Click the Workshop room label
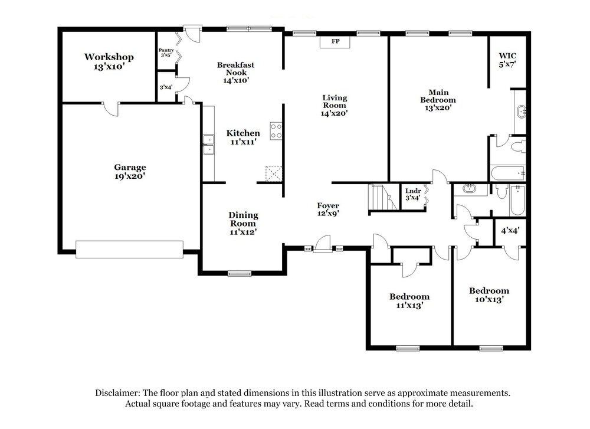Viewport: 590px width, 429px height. pos(109,62)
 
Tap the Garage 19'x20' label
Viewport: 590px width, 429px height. pos(130,171)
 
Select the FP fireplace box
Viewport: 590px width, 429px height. pos(335,42)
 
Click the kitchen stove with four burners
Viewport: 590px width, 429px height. pos(276,130)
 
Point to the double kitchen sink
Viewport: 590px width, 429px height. pos(208,145)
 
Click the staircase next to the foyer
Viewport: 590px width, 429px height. pos(381,197)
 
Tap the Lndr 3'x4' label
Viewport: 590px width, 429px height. pos(413,194)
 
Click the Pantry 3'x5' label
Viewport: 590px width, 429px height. pos(166,53)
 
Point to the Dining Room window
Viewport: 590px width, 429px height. pos(240,273)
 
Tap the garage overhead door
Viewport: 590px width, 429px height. pos(129,248)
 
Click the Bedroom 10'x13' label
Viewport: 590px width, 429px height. pos(489,294)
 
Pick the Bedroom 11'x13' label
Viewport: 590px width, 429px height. pos(409,300)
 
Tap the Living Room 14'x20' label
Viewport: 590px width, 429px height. pos(335,105)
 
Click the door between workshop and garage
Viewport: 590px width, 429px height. pos(111,108)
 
